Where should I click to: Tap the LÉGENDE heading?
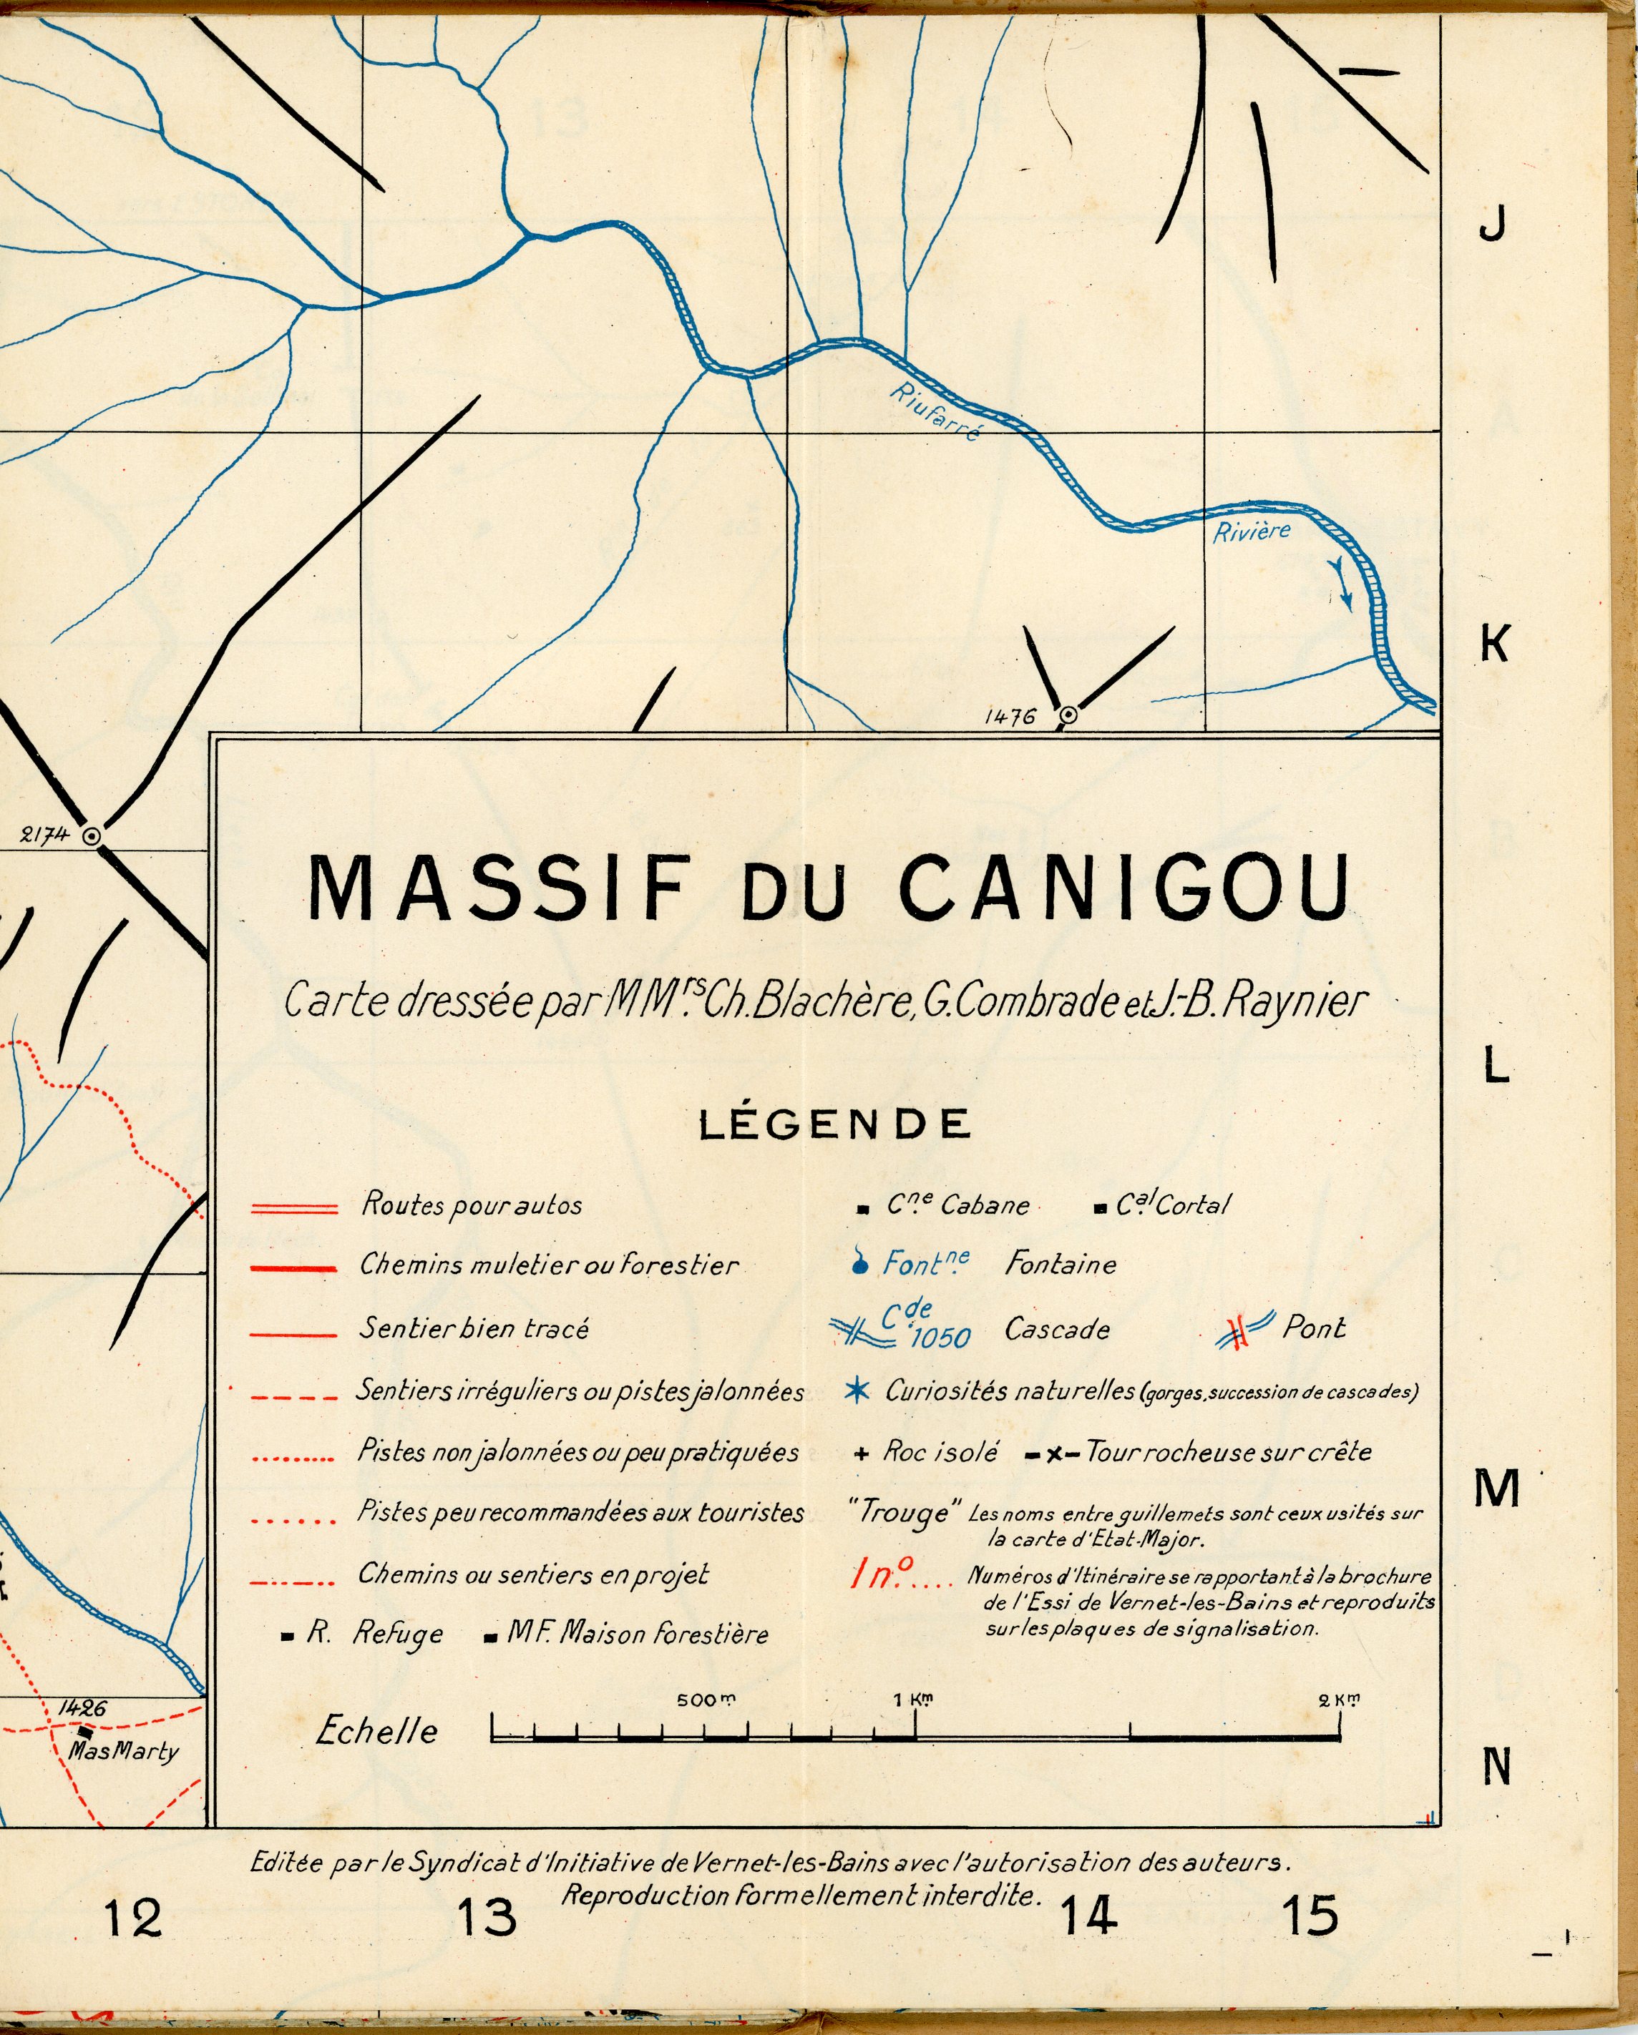tap(834, 1124)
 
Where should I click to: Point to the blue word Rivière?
tap(1251, 531)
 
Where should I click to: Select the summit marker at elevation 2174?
tap(92, 835)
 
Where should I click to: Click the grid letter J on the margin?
tap(1492, 224)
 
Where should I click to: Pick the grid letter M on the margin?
tap(1496, 1489)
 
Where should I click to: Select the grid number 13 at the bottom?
tap(487, 1917)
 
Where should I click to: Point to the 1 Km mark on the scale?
tap(914, 1701)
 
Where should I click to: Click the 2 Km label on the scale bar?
tap(1340, 1701)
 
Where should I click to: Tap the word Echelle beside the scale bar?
tap(376, 1731)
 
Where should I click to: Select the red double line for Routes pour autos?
tap(293, 1209)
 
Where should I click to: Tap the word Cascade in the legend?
tap(1056, 1330)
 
